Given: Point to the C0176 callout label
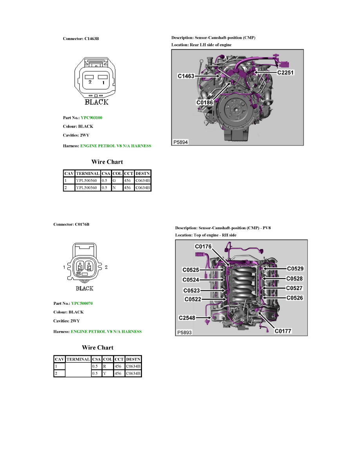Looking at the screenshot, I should [x=203, y=246].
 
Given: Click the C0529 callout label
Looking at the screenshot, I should [x=295, y=269].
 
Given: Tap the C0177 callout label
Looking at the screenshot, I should [x=282, y=331].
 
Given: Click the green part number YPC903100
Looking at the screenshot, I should [x=92, y=118].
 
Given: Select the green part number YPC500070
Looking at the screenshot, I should [x=82, y=304].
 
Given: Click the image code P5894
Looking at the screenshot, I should [x=180, y=142].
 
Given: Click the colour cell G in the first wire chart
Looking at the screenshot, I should [x=115, y=180].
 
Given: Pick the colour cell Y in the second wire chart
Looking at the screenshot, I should [x=105, y=373].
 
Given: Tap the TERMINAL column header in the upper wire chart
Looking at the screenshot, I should [x=87, y=173].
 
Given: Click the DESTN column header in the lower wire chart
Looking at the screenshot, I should [x=133, y=359].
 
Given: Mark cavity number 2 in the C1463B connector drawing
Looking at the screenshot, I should [x=90, y=82].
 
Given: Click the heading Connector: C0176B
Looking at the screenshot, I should [x=71, y=224].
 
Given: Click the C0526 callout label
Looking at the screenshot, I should [x=295, y=298].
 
